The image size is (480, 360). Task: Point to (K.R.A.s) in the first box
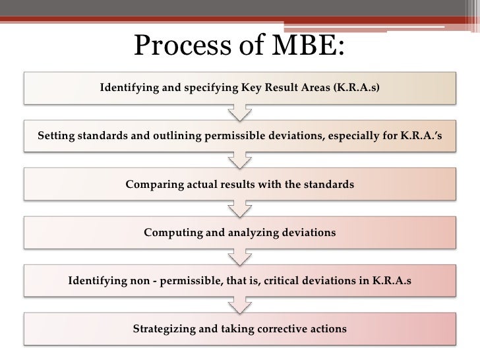coord(357,87)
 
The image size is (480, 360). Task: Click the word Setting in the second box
coord(57,136)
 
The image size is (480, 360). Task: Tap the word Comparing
coord(154,185)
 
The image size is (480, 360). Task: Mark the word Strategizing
coord(165,328)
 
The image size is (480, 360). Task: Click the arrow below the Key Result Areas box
coord(239,112)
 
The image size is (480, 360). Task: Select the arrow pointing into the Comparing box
coord(239,160)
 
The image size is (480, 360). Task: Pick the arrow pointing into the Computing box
coord(239,208)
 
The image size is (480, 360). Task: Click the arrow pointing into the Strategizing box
coord(239,305)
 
